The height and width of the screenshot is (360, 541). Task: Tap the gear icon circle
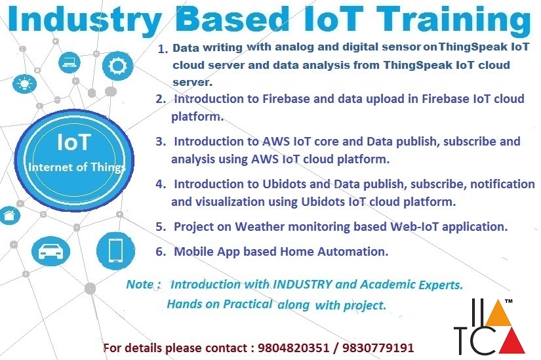[117, 66]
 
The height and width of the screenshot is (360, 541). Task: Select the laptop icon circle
[70, 62]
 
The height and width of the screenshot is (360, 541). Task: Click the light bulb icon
[24, 83]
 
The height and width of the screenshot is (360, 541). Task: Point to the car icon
[50, 251]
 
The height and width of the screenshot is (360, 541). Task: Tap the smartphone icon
[115, 250]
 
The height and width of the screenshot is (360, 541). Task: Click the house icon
[9, 216]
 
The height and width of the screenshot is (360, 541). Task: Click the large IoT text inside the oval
[74, 142]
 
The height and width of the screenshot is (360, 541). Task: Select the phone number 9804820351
[293, 348]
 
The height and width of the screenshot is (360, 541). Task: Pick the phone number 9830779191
[378, 348]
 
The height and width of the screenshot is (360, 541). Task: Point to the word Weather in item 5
[260, 226]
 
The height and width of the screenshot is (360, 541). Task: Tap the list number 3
[161, 142]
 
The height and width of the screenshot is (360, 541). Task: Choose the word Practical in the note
[248, 304]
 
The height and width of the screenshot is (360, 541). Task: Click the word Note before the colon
[140, 285]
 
